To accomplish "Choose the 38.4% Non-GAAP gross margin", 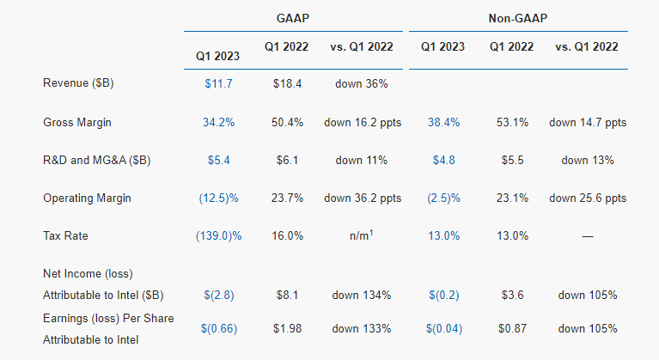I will click(x=444, y=122).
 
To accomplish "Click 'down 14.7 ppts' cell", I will click(x=588, y=122).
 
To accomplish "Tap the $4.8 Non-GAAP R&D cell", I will click(x=444, y=160).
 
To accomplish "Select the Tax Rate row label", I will click(x=66, y=236).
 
